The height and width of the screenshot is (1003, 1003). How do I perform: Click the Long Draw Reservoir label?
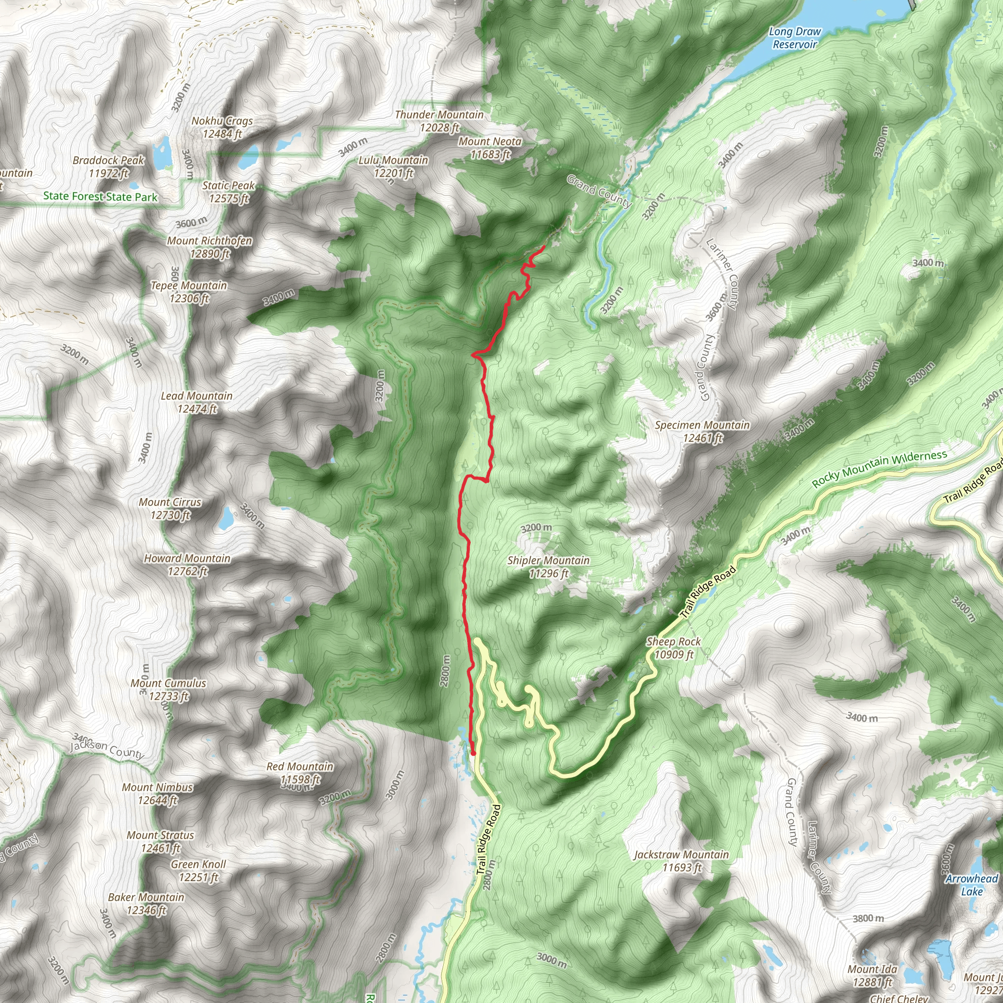(x=794, y=38)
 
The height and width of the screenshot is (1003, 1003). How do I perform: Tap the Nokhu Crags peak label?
(x=222, y=127)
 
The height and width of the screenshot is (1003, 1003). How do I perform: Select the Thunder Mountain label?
(x=439, y=121)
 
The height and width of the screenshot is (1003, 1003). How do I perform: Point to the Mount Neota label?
(x=490, y=147)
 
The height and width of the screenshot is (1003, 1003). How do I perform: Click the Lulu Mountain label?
(x=394, y=167)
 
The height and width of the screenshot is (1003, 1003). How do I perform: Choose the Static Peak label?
(x=228, y=191)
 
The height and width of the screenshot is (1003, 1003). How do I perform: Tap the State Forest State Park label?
(x=100, y=196)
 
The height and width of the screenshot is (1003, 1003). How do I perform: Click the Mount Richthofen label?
(x=210, y=247)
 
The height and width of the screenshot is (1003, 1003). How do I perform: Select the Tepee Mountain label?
(x=189, y=292)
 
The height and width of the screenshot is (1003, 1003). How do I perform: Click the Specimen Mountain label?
(x=702, y=431)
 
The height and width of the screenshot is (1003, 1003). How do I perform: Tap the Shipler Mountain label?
(x=549, y=567)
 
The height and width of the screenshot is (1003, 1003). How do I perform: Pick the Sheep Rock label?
(x=673, y=648)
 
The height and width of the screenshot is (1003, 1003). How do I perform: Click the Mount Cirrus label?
(x=170, y=509)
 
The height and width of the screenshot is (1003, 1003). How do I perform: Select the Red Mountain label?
(x=300, y=773)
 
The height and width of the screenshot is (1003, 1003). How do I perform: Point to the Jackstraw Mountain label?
(x=682, y=861)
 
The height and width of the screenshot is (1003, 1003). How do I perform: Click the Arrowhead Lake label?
(x=971, y=885)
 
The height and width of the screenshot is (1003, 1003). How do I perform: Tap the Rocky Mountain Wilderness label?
(x=880, y=469)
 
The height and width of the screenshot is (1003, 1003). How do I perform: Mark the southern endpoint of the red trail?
(x=473, y=753)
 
